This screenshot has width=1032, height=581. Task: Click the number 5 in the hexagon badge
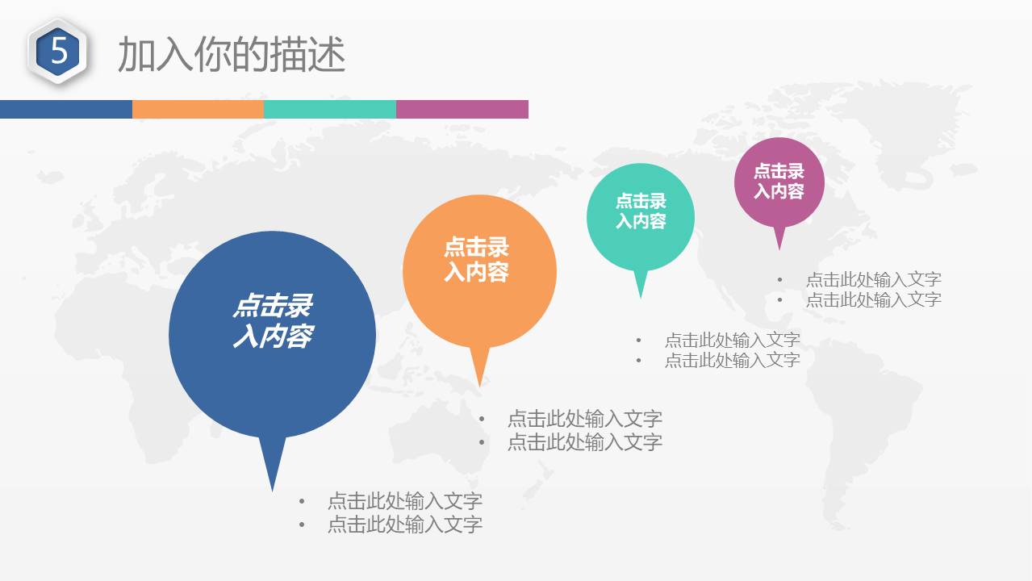click(59, 50)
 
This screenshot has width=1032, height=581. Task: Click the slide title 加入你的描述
click(232, 54)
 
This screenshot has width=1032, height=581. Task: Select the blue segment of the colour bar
click(66, 109)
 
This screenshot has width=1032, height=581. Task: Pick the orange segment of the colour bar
click(198, 109)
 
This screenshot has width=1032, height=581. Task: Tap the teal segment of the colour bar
click(330, 109)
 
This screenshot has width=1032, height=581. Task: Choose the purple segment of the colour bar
click(462, 109)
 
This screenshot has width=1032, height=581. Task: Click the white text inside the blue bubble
click(273, 320)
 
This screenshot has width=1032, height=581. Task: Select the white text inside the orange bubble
click(476, 259)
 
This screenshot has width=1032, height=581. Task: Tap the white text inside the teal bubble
click(641, 211)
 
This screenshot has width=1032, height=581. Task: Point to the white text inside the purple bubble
click(779, 181)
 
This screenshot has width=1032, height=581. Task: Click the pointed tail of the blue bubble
click(272, 491)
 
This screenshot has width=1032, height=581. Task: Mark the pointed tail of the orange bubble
click(479, 386)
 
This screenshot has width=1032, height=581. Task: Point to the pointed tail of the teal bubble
click(641, 298)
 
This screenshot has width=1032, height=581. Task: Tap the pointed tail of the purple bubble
click(779, 249)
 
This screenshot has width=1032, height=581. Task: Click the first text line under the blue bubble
click(405, 501)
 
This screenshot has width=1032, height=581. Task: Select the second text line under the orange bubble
click(585, 442)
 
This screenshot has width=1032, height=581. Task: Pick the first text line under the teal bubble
click(732, 340)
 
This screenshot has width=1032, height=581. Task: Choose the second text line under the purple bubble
click(874, 299)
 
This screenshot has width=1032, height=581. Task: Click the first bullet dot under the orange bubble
click(482, 419)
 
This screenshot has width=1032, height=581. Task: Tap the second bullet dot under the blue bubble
click(302, 525)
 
